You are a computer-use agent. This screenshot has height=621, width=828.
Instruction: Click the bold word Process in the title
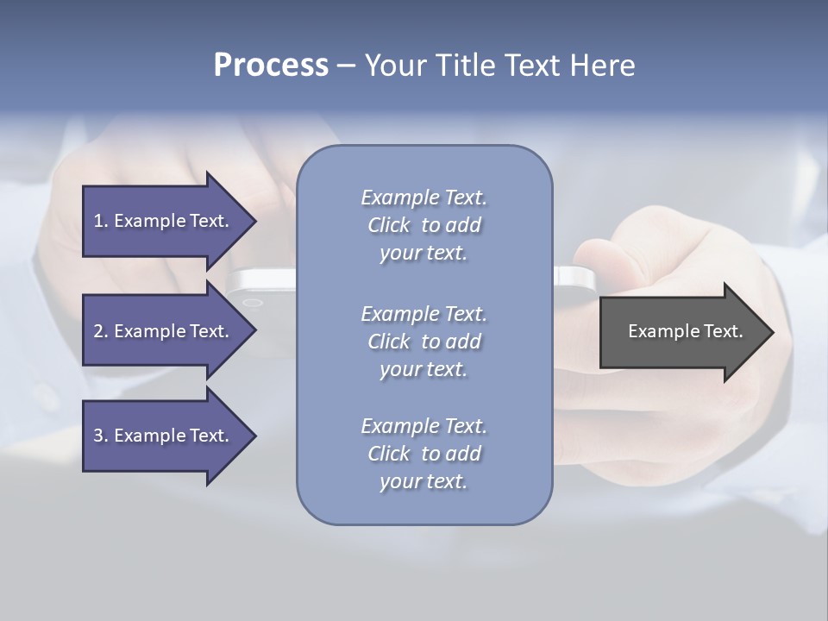271,66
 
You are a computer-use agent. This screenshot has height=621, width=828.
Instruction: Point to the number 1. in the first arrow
101,221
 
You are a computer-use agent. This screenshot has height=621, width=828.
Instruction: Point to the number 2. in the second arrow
101,331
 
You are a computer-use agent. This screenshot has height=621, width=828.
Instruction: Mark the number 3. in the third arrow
101,436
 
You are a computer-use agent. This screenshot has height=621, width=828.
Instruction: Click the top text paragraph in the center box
423,225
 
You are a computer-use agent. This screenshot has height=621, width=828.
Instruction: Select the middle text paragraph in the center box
423,342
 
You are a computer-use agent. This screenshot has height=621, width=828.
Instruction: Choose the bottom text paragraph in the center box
423,454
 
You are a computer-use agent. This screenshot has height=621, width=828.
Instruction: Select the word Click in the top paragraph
389,226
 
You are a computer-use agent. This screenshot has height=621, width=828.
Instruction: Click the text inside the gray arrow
685,331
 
